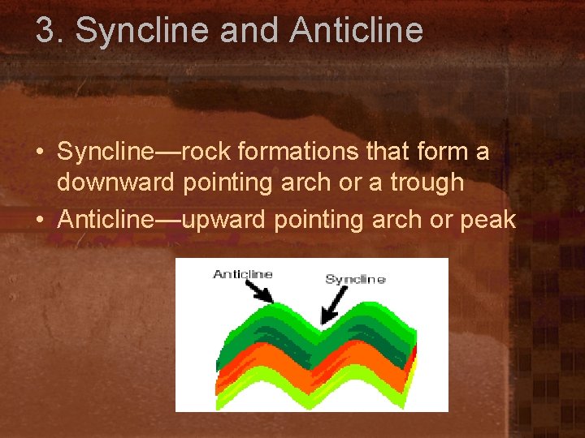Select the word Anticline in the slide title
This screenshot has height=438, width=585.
356,31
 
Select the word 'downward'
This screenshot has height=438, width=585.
115,182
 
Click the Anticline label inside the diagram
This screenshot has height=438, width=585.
241,274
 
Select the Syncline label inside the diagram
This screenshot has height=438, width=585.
355,279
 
